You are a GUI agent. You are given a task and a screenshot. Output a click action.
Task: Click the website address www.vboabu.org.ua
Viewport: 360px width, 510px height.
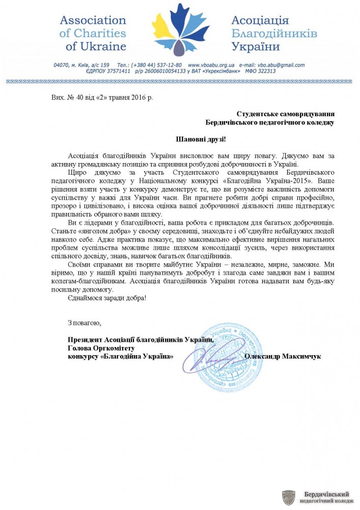[x=211, y=65]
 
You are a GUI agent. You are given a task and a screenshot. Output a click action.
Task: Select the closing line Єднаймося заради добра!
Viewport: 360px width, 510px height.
[x=107, y=298]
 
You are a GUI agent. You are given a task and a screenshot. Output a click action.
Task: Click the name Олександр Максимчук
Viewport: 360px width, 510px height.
[x=283, y=357]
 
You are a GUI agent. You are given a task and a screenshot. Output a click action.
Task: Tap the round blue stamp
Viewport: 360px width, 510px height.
[x=232, y=357]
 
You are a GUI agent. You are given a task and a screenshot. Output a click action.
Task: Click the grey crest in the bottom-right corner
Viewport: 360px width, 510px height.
[x=289, y=498]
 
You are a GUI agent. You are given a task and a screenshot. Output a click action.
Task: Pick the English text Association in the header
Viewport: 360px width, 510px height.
[x=93, y=21]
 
